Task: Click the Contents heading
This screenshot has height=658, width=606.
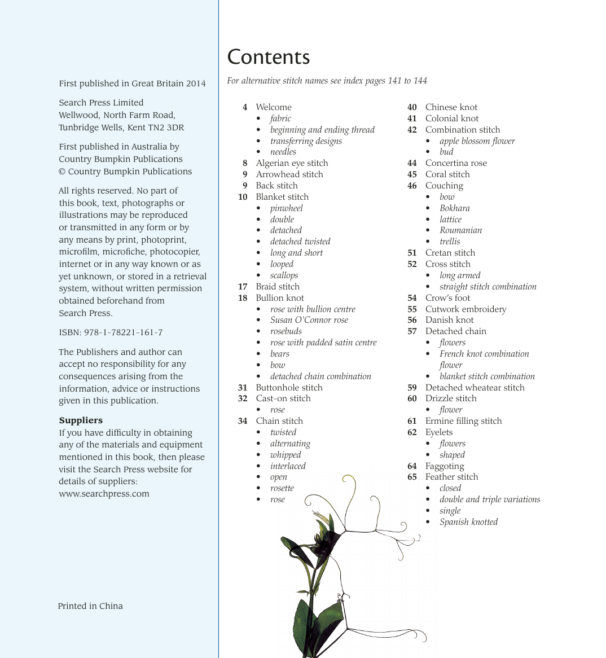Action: pos(269,57)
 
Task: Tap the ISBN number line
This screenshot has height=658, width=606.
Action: pos(111,332)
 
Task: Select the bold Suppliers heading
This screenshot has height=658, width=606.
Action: pos(81,420)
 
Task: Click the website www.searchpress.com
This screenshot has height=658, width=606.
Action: pos(104,494)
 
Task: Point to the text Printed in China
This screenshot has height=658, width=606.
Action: pos(90,606)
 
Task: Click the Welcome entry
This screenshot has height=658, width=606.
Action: pos(274,107)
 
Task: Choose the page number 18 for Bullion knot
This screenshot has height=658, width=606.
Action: pos(243,298)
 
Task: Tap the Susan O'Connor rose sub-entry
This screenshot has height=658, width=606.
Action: pos(309,320)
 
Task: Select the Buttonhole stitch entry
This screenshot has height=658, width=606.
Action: pos(289,388)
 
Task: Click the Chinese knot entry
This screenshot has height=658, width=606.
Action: pos(451,107)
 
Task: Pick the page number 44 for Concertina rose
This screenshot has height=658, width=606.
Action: pos(412,163)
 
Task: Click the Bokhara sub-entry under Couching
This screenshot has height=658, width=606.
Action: pos(454,208)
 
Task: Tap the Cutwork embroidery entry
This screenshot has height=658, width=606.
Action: pos(466,309)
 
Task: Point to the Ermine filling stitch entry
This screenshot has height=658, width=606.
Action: pos(463,421)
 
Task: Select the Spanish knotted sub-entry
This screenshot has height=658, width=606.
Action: pos(468,522)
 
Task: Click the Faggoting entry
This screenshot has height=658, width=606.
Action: pos(445,466)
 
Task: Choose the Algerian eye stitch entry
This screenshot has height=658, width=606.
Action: pos(292,163)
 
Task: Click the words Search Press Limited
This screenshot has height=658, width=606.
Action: pos(101,103)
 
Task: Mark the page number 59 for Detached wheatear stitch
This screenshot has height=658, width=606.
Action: pos(412,388)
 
